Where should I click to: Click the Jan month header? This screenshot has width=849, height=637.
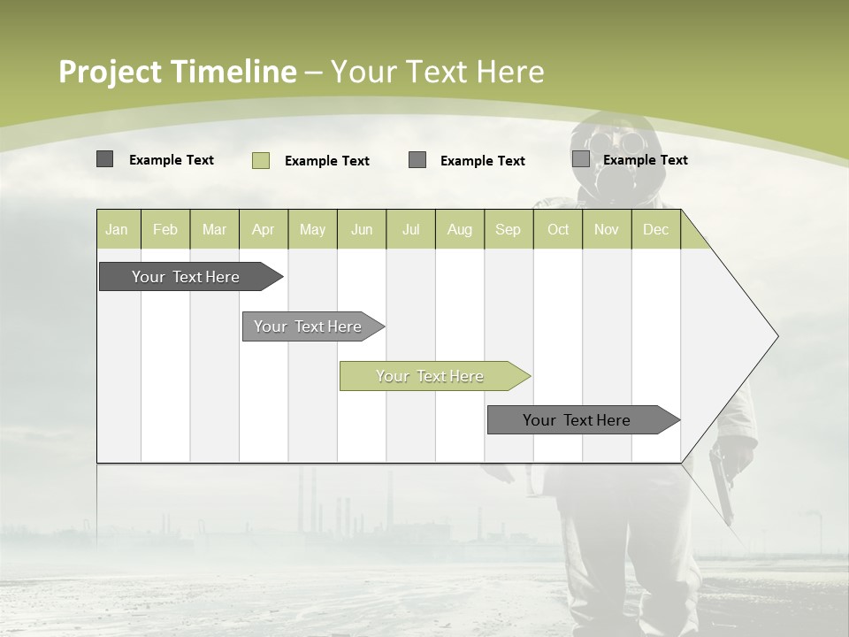point(118,229)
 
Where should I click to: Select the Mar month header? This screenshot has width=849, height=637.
point(214,229)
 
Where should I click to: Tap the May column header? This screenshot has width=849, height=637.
point(312,229)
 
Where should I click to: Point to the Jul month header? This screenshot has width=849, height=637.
point(410,229)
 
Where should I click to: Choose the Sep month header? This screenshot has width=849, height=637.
point(508,229)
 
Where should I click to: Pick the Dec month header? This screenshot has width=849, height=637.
point(655,229)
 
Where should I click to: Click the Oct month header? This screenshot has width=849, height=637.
point(558,229)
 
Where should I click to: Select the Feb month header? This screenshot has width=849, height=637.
point(165,229)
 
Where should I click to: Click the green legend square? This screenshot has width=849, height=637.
point(261,160)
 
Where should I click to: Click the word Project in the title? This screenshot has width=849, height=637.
point(111,72)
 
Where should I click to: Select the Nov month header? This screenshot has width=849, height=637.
point(607,229)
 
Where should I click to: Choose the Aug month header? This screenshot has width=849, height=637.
point(460,229)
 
